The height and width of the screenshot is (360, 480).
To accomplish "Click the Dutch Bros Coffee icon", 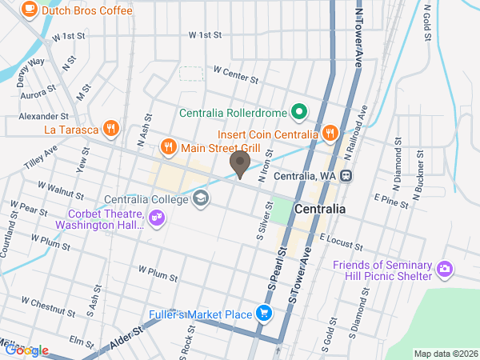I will [30, 10].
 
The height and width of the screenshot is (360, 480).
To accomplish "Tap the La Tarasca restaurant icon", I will [111, 127].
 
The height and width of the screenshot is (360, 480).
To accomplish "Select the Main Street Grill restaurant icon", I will [168, 146].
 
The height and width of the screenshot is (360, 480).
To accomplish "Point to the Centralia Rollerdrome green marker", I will [299, 112].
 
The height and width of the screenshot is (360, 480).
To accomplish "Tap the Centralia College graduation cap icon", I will [200, 198].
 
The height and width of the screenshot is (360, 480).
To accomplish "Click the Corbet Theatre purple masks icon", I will [157, 217].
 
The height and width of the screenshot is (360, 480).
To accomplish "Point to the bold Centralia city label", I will [320, 209].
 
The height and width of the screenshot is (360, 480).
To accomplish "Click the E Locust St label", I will [342, 238].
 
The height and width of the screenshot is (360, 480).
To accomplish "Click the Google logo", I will [26, 350].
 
